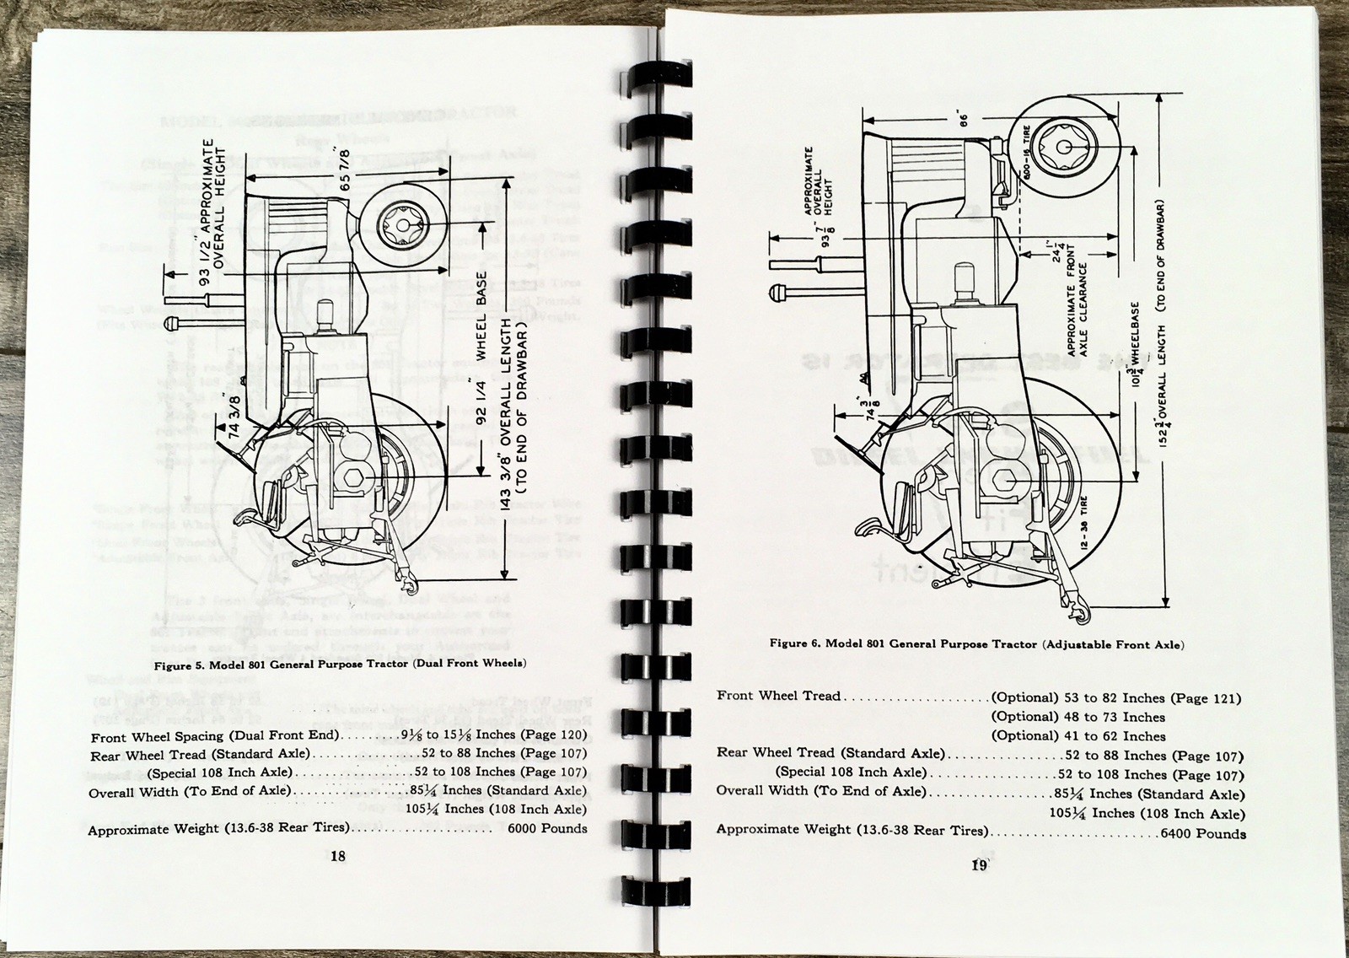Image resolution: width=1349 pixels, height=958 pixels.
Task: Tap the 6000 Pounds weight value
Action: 547,828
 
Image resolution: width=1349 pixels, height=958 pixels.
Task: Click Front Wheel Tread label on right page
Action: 778,697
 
